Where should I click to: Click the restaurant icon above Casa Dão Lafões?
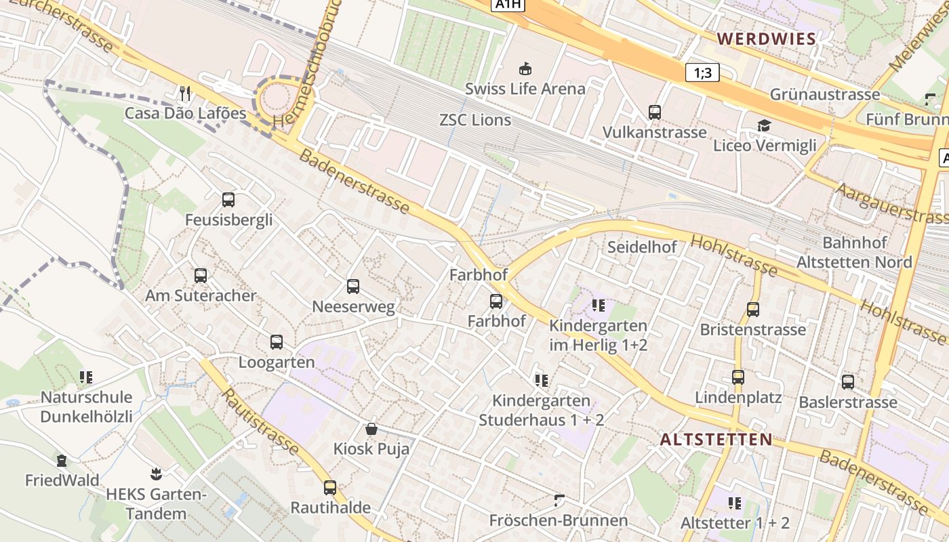click(x=185, y=92)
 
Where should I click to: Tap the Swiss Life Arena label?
click(x=525, y=89)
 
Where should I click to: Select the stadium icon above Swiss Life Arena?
click(x=525, y=68)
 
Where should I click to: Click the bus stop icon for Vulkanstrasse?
click(x=654, y=112)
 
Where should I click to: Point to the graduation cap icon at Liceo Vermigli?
click(x=764, y=125)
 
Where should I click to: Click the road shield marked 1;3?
click(x=702, y=72)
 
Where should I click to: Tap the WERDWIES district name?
click(x=767, y=39)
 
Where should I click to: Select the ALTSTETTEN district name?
click(x=716, y=440)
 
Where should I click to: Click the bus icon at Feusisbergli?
click(x=228, y=200)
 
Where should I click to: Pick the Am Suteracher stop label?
click(x=201, y=296)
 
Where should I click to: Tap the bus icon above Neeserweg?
click(x=353, y=287)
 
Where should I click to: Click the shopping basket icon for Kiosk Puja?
click(x=371, y=429)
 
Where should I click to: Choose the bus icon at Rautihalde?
click(x=330, y=487)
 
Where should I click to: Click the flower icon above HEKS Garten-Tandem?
click(x=156, y=474)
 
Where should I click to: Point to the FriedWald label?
click(x=62, y=481)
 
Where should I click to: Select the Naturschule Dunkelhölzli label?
click(x=86, y=406)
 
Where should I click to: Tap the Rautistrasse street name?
click(x=260, y=421)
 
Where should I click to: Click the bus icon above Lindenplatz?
click(x=738, y=377)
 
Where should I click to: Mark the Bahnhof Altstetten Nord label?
click(x=854, y=252)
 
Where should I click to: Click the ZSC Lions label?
click(x=475, y=120)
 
